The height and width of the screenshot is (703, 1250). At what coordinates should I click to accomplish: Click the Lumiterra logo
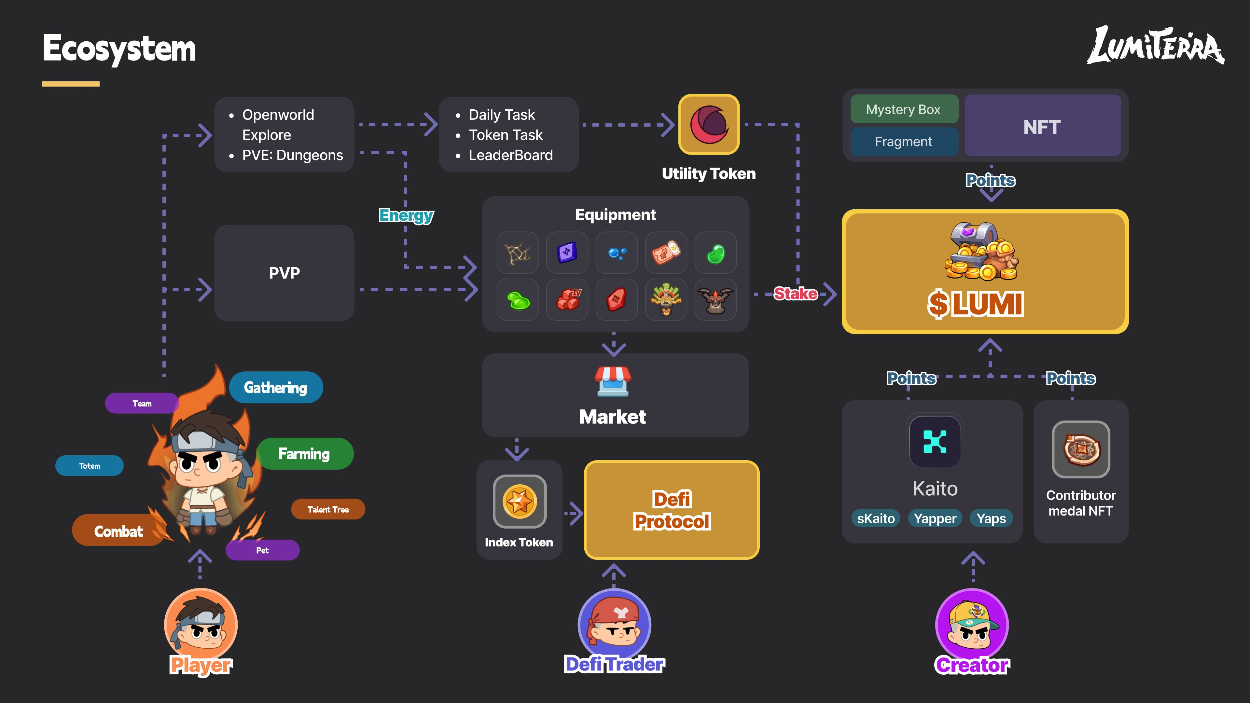point(1155,45)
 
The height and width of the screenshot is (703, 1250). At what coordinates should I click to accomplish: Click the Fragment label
point(904,142)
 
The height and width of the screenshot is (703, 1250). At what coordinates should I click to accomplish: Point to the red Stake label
point(795,294)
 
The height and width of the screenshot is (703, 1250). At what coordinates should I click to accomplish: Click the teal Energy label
point(406,215)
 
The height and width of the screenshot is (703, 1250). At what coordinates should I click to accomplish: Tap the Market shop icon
point(613,381)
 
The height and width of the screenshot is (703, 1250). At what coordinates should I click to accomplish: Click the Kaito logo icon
point(935,441)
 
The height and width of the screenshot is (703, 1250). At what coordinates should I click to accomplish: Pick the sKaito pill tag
point(876,518)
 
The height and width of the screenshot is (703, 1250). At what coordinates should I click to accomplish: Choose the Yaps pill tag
point(991,518)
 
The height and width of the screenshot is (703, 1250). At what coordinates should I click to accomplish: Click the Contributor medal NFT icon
point(1081,449)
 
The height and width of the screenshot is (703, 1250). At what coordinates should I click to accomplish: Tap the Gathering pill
point(276,387)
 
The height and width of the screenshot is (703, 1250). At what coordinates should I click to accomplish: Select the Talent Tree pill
point(328,509)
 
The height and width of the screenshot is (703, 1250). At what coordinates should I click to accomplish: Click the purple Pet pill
point(262,550)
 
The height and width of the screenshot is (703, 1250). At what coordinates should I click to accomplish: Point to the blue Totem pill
point(90,466)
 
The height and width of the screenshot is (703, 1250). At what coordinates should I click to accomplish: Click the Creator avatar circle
point(972,625)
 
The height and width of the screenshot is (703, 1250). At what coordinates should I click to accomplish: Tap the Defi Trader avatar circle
point(614,625)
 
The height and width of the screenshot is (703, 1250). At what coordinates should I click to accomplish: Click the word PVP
point(285,273)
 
